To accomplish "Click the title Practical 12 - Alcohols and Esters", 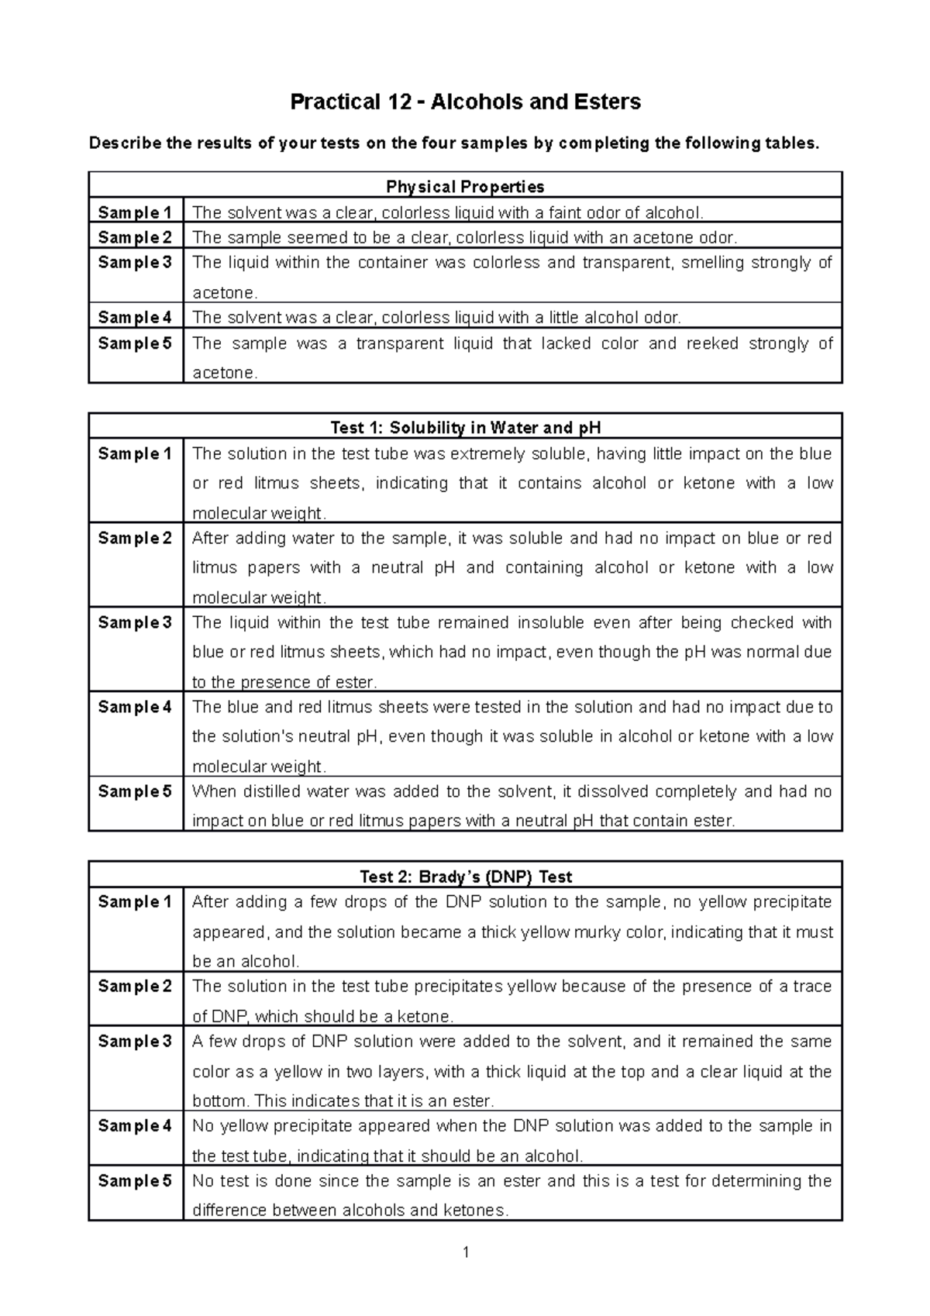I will click(465, 102).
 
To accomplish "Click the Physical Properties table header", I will click(465, 187).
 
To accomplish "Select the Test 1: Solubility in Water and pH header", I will click(465, 428).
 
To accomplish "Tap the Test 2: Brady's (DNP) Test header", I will click(465, 877).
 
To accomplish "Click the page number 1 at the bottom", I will click(466, 1252).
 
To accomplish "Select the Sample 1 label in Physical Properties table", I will click(135, 212).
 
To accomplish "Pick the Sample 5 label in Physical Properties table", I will click(135, 343).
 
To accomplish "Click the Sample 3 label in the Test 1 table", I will click(135, 622).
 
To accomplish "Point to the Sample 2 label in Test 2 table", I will click(135, 986).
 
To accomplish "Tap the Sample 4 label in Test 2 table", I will click(135, 1125).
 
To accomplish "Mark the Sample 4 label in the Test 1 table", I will click(135, 707).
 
